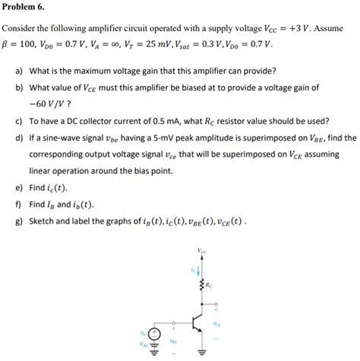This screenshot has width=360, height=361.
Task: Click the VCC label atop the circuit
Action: [x=201, y=251]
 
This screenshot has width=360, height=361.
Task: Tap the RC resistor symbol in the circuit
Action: [x=201, y=286]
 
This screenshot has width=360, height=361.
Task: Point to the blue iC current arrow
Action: [x=198, y=268]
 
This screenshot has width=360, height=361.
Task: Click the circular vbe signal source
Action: [x=155, y=334]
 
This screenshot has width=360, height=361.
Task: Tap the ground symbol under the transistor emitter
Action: [x=201, y=352]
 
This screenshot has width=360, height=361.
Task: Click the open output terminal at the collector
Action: [x=216, y=308]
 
